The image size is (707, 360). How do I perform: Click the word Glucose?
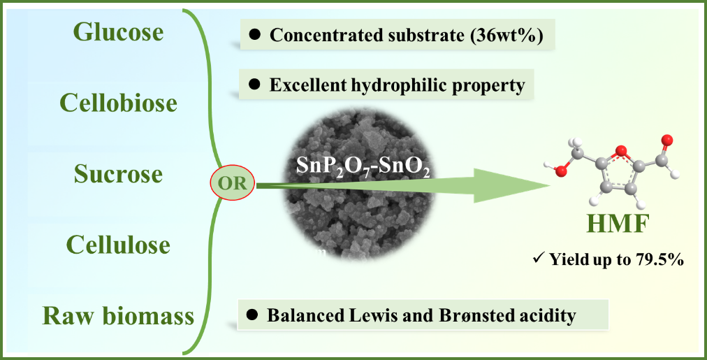(x=118, y=32)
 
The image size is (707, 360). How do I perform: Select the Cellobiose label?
(x=118, y=103)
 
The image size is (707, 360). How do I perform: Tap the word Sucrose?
(x=118, y=174)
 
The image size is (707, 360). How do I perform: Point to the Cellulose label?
(x=118, y=245)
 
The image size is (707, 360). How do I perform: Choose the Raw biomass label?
(x=118, y=316)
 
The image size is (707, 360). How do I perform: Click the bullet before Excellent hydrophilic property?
(x=255, y=85)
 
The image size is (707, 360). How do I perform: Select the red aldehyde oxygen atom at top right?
(x=667, y=141)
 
